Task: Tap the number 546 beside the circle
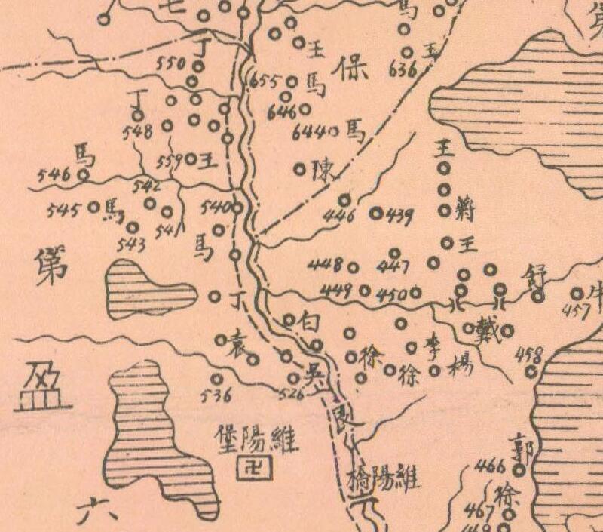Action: pos(53,176)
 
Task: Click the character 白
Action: pos(311,321)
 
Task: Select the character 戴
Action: pos(488,328)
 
